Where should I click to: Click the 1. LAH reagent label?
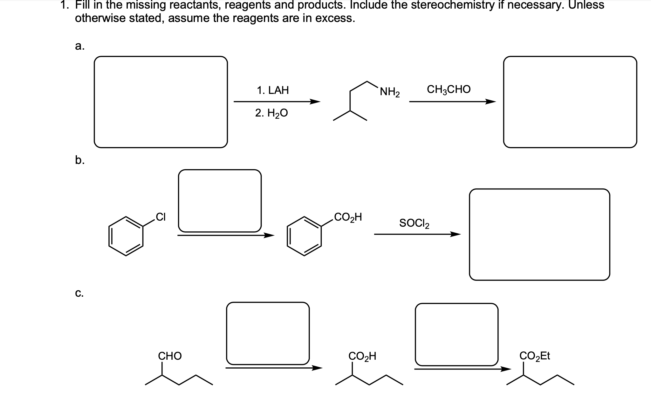[x=273, y=90]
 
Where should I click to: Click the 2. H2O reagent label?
[x=271, y=113]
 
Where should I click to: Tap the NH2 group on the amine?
[x=390, y=92]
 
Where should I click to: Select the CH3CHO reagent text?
[x=449, y=89]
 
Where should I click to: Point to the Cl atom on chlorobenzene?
[x=161, y=217]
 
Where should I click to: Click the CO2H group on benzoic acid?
[x=348, y=217]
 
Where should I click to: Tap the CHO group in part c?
[x=170, y=356]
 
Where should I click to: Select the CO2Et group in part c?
[x=535, y=356]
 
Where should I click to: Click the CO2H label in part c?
[x=362, y=356]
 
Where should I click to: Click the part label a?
[x=79, y=46]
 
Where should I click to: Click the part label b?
[x=79, y=160]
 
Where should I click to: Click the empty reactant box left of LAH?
[x=161, y=102]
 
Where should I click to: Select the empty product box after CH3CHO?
[x=570, y=102]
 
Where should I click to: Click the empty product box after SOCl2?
[x=539, y=234]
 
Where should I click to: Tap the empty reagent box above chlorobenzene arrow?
[x=220, y=201]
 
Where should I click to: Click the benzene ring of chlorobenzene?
[x=126, y=236]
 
